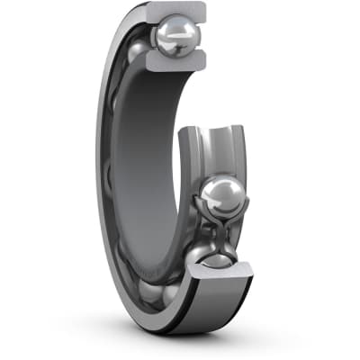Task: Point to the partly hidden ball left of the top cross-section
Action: [136, 53]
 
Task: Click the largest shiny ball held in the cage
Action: [220, 195]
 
